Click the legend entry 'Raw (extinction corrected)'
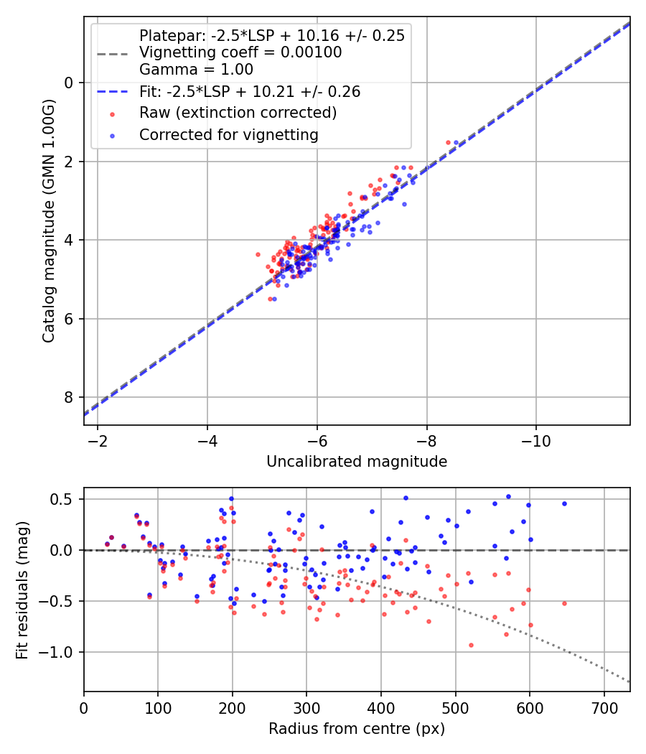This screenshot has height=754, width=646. click(x=238, y=113)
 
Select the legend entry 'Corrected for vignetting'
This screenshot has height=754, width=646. click(x=228, y=134)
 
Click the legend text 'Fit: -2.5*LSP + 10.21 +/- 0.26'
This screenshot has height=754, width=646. click(x=249, y=92)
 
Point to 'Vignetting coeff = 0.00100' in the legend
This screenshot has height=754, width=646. click(x=240, y=52)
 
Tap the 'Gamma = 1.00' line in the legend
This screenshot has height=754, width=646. click(x=196, y=70)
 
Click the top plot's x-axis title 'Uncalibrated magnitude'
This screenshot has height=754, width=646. click(x=357, y=462)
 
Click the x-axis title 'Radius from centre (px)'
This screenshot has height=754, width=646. click(x=357, y=729)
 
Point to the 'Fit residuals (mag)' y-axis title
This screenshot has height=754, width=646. click(x=22, y=590)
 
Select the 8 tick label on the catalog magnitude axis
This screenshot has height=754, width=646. click(x=69, y=397)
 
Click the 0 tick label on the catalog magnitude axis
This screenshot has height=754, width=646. click(x=69, y=83)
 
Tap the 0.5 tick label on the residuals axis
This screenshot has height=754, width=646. click(x=63, y=499)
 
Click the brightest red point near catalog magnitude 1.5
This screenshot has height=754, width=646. click(x=448, y=142)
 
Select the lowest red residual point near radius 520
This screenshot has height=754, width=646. click(x=471, y=645)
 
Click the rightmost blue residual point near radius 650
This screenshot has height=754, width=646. click(x=564, y=503)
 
